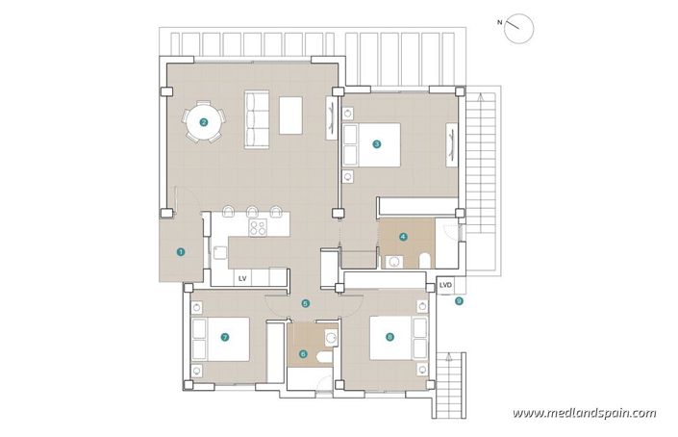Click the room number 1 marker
click(180, 251)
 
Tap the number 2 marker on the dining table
click(204, 122)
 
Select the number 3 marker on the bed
click(377, 144)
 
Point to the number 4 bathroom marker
click(404, 236)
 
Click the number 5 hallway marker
click(306, 303)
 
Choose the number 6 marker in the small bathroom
click(304, 353)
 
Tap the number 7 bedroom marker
click(224, 338)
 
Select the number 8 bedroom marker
click(389, 337)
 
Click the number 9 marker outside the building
click(459, 301)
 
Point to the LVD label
click(445, 286)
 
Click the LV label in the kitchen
click(243, 278)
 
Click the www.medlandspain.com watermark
click(584, 413)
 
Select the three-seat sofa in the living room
click(257, 119)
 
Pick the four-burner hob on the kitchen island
click(259, 229)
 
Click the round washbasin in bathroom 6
click(330, 338)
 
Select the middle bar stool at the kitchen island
click(252, 211)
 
